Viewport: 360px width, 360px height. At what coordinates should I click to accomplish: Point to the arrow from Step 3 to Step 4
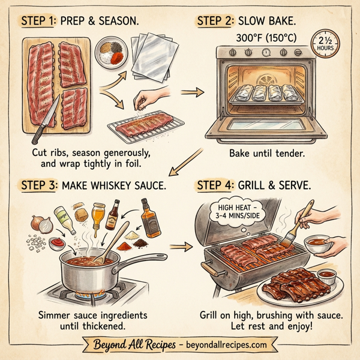(179, 246)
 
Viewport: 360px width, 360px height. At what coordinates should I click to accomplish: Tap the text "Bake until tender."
(266, 153)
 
